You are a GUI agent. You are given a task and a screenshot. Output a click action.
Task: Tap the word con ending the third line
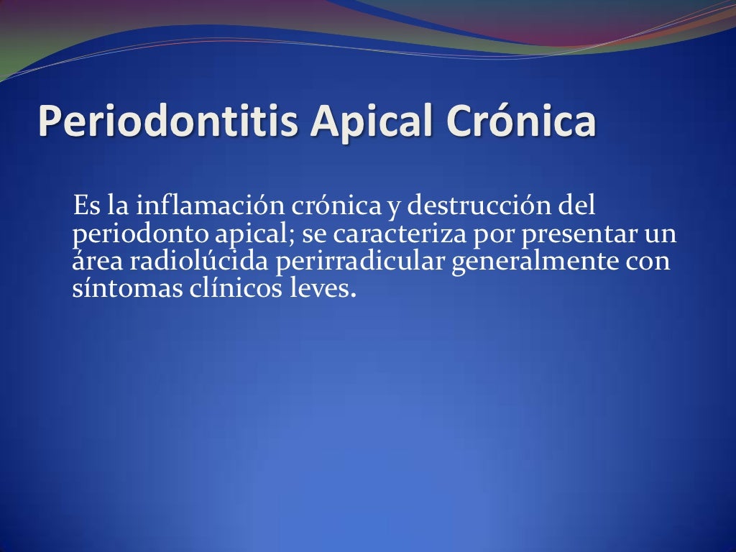[x=648, y=262]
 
